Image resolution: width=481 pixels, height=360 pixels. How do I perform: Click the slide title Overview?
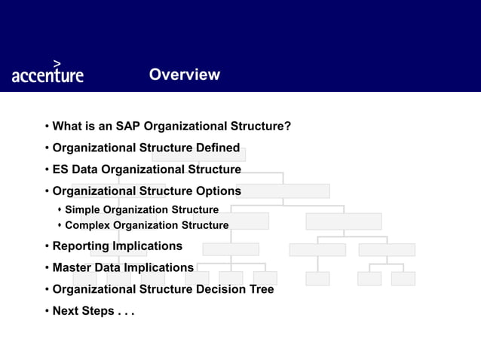[184, 75]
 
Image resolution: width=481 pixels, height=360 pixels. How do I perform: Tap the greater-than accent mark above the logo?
[58, 63]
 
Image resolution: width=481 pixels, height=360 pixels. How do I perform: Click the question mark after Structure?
[288, 126]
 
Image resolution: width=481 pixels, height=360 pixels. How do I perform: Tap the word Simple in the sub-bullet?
[83, 209]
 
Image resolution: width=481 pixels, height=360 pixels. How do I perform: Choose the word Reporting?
[81, 246]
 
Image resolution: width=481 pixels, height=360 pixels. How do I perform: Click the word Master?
[72, 267]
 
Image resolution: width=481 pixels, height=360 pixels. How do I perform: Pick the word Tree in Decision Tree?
[260, 289]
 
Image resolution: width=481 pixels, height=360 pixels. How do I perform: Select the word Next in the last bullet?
[66, 311]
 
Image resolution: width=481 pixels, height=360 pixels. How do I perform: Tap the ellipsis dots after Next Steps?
[125, 312]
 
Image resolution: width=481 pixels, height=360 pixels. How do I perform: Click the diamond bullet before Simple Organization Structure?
[59, 209]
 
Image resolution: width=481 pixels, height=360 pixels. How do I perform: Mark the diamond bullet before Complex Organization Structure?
[59, 225]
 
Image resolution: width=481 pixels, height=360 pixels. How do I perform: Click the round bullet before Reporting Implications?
[47, 246]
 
